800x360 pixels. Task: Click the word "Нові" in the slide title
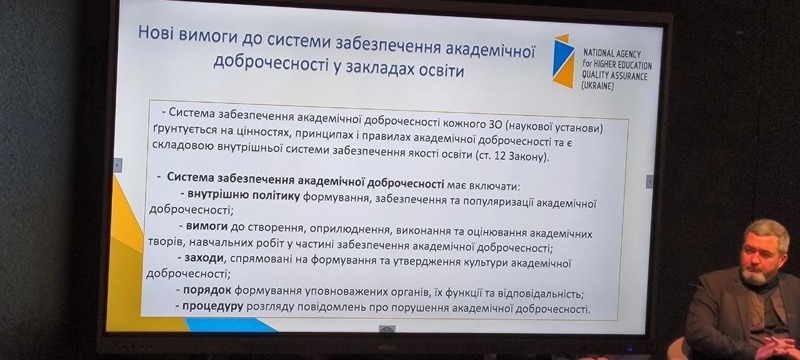coord(157,35)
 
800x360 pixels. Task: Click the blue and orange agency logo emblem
coord(563,61)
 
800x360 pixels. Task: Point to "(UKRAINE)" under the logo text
coord(598,86)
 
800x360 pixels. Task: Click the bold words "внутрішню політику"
coord(243,196)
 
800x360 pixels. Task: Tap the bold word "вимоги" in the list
coord(206,226)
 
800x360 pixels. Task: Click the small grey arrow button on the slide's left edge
coord(118,164)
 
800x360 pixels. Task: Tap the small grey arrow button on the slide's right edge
coord(649,181)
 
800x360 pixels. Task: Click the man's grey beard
coord(753,275)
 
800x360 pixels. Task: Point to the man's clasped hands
coord(778,348)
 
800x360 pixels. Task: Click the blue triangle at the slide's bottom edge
coord(230,325)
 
